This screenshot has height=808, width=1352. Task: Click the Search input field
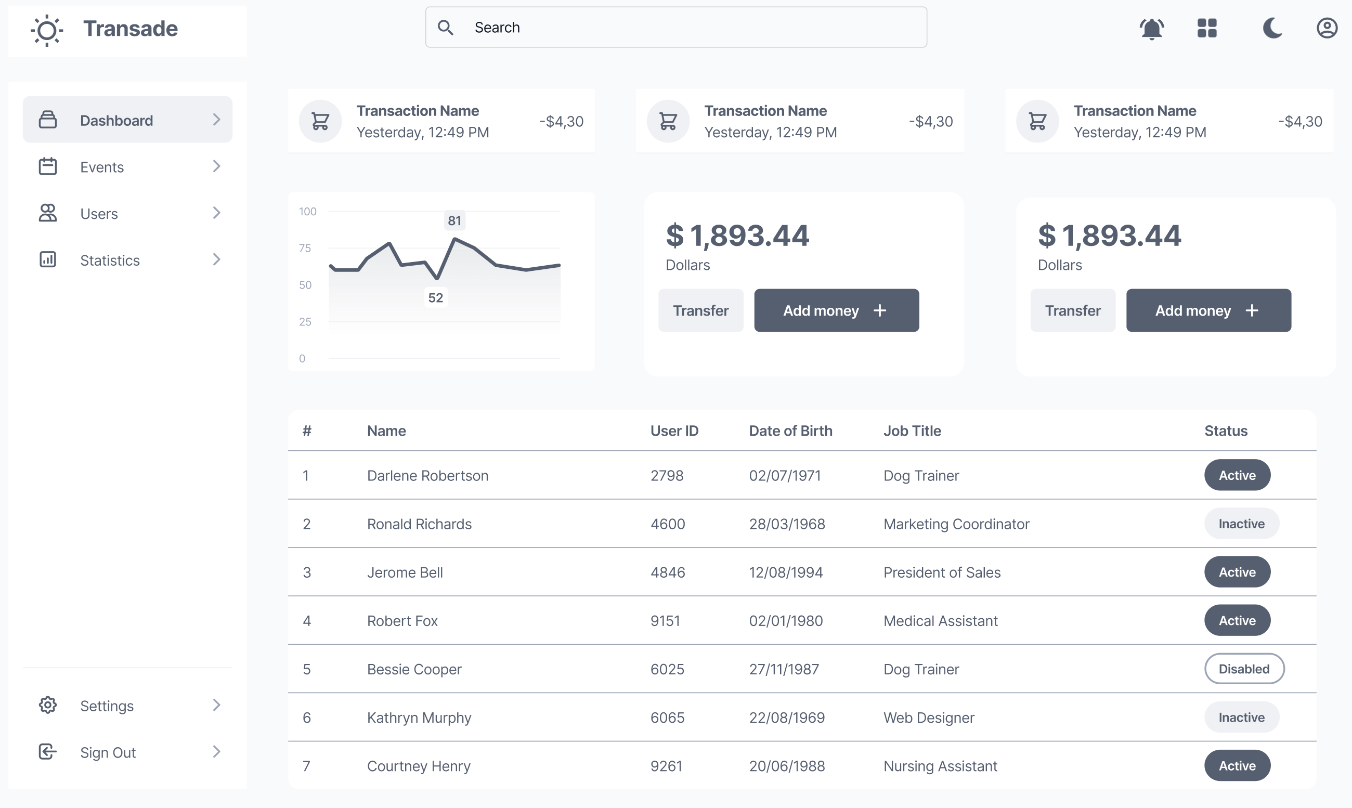point(675,27)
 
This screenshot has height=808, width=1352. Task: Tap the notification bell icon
point(1151,28)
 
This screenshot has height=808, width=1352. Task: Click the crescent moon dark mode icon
point(1271,28)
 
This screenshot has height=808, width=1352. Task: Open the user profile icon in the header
point(1327,28)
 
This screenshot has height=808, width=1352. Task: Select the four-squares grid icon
point(1206,28)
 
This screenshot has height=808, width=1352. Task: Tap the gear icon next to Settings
point(47,705)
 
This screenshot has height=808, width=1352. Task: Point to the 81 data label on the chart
point(454,220)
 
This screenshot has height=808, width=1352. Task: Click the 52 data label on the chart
point(435,297)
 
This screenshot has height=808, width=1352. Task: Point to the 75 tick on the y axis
point(305,249)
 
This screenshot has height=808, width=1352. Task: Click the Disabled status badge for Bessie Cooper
point(1244,669)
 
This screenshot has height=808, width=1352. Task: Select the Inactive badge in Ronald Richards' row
point(1241,523)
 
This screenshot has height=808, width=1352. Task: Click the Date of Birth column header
point(790,431)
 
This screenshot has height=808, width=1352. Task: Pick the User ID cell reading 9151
point(665,621)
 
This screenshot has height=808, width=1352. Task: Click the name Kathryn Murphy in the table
point(419,718)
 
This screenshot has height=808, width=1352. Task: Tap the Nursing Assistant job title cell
point(940,766)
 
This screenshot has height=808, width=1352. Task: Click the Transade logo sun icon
point(47,30)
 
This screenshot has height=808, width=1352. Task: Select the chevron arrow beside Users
point(216,213)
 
